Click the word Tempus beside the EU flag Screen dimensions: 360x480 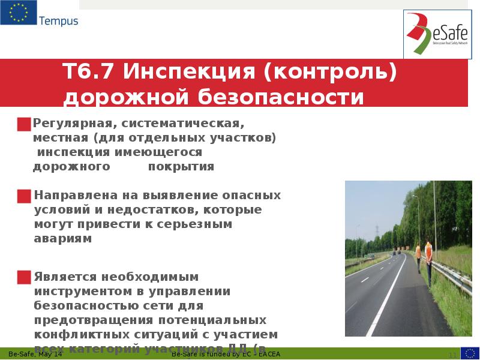(x=58, y=22)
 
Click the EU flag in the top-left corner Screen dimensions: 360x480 (x=18, y=13)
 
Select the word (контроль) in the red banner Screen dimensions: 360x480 (x=329, y=73)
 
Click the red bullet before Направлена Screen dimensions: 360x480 (x=24, y=196)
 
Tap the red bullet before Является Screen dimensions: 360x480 (x=24, y=277)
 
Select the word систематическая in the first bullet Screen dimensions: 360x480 (x=182, y=124)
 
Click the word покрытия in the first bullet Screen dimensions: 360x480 (x=181, y=167)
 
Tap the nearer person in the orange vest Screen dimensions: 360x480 (x=428, y=257)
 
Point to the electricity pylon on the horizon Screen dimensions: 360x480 (x=376, y=231)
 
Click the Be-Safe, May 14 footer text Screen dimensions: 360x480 (x=35, y=354)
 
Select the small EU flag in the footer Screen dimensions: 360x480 (x=470, y=353)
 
